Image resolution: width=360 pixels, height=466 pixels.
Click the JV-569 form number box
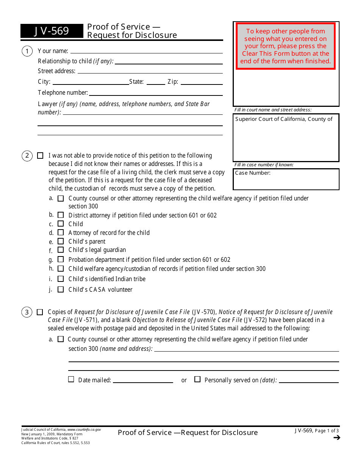(x=52, y=31)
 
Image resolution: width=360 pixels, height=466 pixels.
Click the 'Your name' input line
(x=146, y=51)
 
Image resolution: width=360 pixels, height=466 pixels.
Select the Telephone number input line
(x=155, y=93)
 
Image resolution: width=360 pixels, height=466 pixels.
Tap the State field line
(x=156, y=82)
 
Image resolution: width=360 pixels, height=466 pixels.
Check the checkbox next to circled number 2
(x=40, y=156)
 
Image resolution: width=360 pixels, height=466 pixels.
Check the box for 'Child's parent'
(x=61, y=241)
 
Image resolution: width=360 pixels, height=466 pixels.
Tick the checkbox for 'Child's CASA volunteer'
(x=61, y=289)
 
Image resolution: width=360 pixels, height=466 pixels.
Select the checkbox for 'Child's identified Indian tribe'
(x=61, y=279)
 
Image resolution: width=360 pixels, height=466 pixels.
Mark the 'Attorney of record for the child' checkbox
(x=61, y=233)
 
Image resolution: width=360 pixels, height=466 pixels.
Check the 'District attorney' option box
(x=61, y=215)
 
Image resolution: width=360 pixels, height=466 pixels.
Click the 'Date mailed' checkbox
(x=71, y=379)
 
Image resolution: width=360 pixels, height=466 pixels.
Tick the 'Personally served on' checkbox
(x=197, y=379)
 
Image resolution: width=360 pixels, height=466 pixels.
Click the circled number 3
(x=27, y=312)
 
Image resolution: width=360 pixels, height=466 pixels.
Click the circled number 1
(x=27, y=51)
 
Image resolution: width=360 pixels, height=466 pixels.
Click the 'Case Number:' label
(x=253, y=173)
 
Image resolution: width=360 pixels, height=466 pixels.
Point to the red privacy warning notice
(x=285, y=46)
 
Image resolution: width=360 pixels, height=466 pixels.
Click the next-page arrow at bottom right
(x=337, y=438)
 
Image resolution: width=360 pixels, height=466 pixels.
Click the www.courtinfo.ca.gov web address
(x=84, y=430)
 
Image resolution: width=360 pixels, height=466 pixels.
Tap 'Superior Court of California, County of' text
(x=284, y=119)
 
